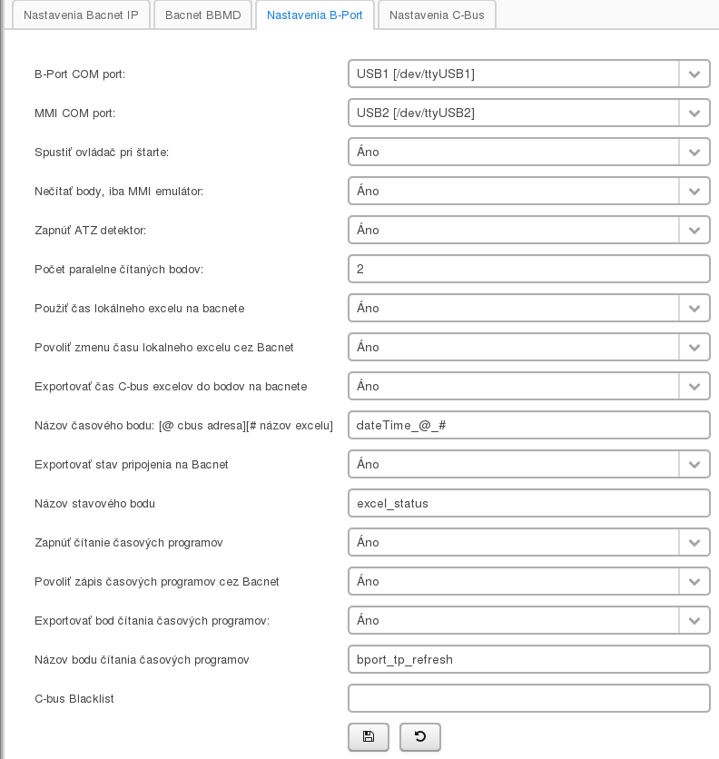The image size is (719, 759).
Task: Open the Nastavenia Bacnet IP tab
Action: coord(81,15)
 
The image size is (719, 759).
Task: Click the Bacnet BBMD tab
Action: coord(203,15)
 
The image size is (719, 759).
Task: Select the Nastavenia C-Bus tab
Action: coord(437,15)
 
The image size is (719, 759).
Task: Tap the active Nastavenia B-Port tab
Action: coord(315,15)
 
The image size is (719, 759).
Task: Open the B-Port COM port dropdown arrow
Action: coord(694,74)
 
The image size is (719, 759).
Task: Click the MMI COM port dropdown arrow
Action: coord(694,113)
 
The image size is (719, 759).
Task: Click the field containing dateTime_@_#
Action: coord(528,425)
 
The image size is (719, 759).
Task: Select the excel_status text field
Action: coord(528,503)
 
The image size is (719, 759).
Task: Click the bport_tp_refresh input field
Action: coord(528,659)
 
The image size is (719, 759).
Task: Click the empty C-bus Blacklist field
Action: coord(528,698)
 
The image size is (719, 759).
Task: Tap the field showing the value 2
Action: coord(528,269)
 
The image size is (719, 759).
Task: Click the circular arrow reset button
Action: coord(420,736)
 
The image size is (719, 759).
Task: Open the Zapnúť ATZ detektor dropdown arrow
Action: coord(694,231)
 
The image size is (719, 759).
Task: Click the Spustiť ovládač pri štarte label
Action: coord(102,152)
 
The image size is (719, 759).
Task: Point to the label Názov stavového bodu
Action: coord(94,503)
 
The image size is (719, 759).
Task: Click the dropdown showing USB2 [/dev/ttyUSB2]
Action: coord(514,113)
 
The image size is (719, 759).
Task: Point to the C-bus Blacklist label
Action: coord(74,698)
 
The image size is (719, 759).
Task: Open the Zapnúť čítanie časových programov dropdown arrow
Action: coord(694,543)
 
